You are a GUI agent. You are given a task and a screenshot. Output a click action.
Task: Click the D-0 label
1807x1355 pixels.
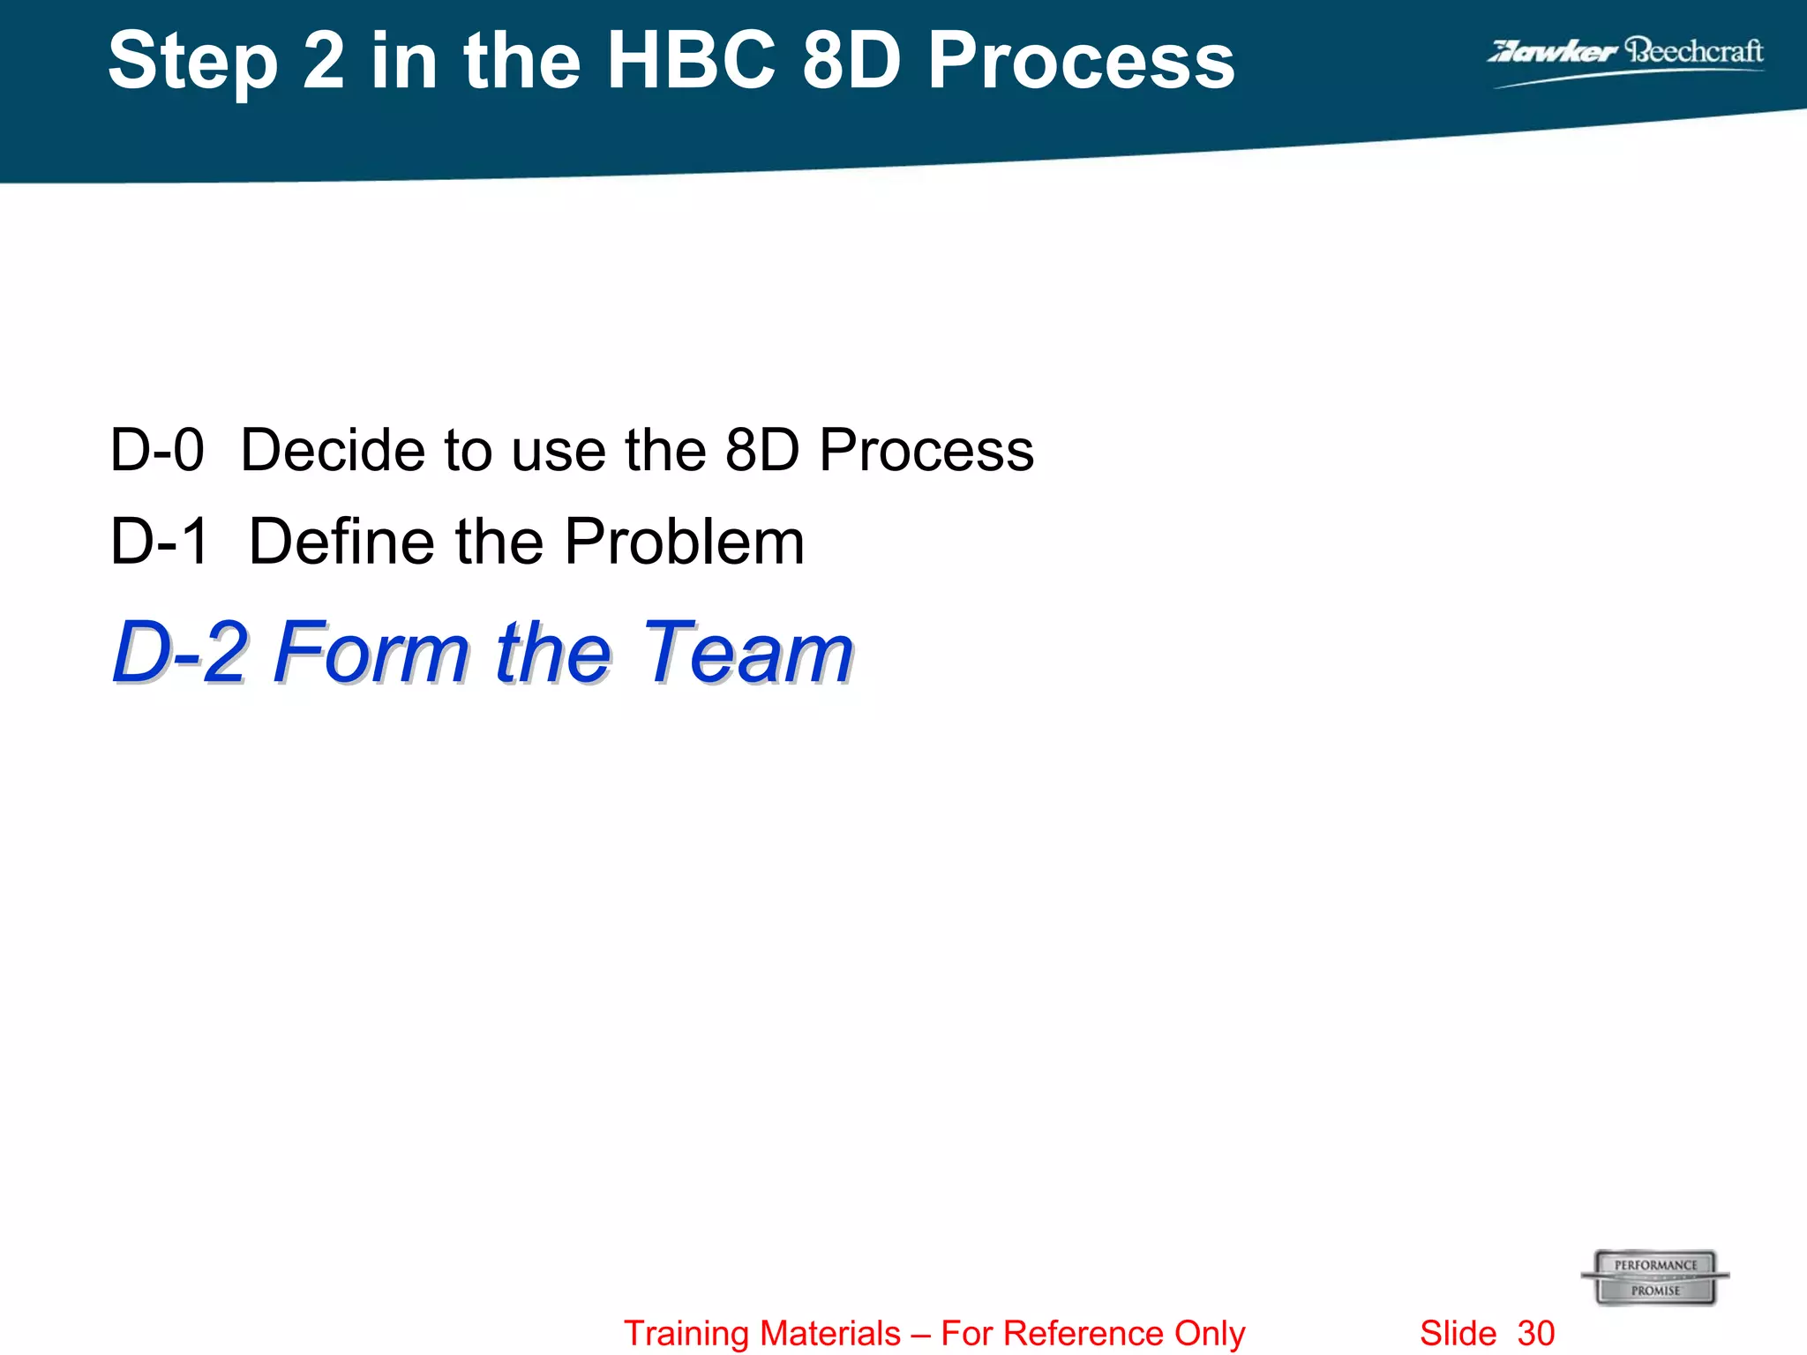click(157, 450)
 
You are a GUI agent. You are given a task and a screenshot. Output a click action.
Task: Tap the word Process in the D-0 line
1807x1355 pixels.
click(926, 450)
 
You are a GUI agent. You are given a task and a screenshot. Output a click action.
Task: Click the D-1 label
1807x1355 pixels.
click(159, 541)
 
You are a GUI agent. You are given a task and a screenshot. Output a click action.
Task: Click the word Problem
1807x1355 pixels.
click(684, 541)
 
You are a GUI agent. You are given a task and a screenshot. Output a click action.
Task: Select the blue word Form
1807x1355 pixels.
click(371, 652)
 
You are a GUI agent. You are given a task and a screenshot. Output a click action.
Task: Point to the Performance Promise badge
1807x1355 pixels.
click(1655, 1277)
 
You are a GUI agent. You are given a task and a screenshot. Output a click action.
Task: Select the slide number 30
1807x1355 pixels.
click(1536, 1333)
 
